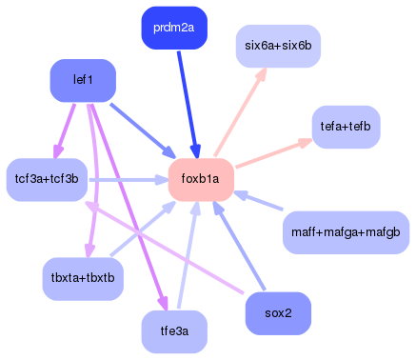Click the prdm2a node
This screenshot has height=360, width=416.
(174, 28)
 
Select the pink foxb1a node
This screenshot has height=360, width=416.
(201, 179)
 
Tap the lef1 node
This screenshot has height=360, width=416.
(83, 80)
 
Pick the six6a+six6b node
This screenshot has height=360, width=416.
(278, 46)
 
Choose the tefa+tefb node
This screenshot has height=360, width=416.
(347, 127)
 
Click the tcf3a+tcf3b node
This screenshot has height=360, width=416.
(47, 179)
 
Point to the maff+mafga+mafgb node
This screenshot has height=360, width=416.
(346, 232)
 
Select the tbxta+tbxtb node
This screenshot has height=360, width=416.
(83, 278)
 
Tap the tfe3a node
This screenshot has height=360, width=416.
(174, 331)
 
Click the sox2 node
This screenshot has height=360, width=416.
(278, 313)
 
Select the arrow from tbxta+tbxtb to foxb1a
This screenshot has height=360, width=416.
(143, 229)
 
